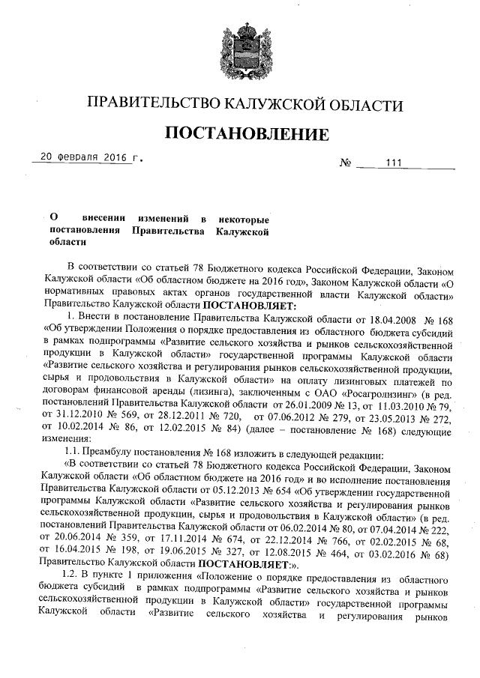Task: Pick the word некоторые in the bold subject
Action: [243, 218]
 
